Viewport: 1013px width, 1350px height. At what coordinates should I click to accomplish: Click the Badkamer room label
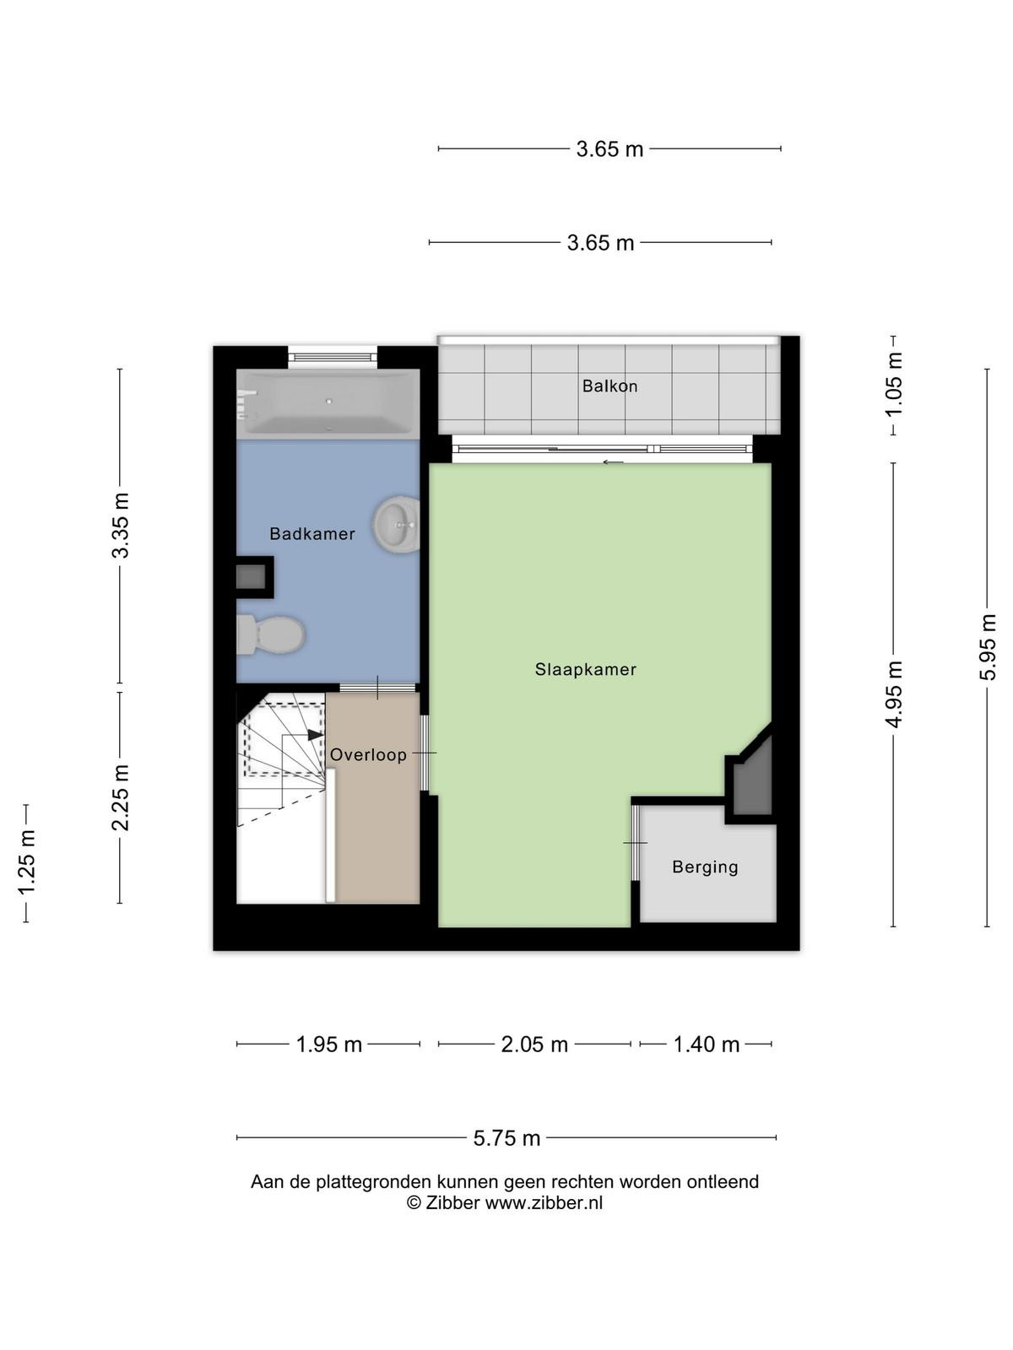tap(311, 534)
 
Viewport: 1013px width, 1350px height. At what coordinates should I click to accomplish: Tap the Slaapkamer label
tap(585, 670)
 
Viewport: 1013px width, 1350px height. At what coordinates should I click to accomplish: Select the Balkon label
tap(609, 386)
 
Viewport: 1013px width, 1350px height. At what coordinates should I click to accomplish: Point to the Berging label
tap(705, 867)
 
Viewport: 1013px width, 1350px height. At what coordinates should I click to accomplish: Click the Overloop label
tap(368, 754)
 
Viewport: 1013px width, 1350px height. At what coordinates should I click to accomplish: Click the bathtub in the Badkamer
tap(328, 403)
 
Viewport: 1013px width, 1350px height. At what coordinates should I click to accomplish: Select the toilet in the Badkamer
tap(271, 634)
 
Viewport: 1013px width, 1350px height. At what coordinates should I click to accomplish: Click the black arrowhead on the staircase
tap(316, 734)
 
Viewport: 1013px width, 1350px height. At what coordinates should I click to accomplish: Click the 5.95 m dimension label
tap(987, 648)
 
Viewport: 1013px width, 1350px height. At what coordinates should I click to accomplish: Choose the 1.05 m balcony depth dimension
tap(893, 385)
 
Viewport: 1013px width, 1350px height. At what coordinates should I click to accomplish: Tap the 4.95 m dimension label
tap(893, 694)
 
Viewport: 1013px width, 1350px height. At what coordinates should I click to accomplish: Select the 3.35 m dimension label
tap(120, 526)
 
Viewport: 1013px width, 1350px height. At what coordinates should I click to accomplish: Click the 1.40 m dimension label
tap(706, 1045)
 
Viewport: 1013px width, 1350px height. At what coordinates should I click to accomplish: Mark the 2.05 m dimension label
tap(534, 1045)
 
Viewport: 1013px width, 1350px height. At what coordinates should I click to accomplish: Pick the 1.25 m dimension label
tap(26, 863)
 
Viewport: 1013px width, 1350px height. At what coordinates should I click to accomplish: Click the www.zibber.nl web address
tap(544, 1202)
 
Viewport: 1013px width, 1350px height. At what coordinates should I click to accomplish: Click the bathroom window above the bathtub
tap(332, 356)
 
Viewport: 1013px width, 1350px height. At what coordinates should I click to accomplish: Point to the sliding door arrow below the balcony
tap(613, 462)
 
